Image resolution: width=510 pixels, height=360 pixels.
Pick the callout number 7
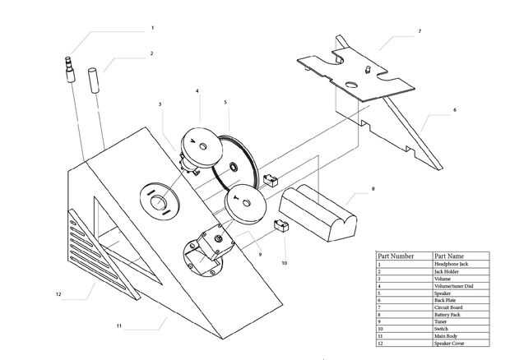coord(420,31)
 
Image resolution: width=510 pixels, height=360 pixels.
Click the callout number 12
coord(58,293)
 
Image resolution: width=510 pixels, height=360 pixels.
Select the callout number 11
coord(118,326)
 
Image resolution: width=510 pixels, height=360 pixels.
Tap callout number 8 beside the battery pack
coord(373,188)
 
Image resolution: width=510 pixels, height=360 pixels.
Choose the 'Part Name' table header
coord(449,256)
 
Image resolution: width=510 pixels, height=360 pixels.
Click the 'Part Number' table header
coord(395,256)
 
